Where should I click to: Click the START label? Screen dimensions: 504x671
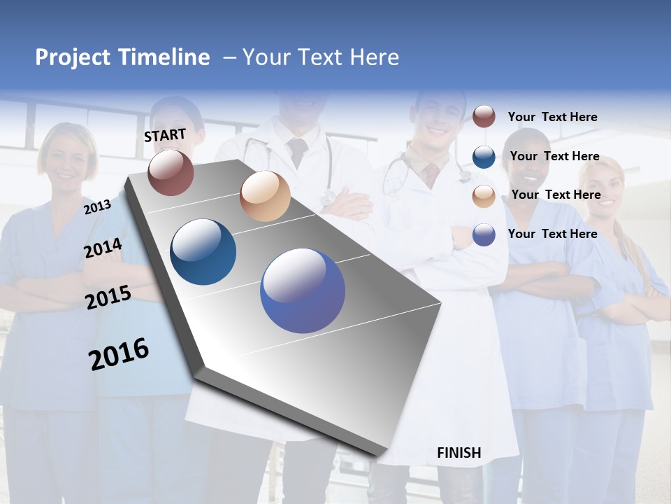[x=165, y=135]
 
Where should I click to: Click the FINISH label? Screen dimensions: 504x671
[x=459, y=453]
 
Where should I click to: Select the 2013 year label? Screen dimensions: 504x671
[x=97, y=206]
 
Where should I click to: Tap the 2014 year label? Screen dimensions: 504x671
[x=103, y=248]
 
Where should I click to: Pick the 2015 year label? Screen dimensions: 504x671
[x=108, y=297]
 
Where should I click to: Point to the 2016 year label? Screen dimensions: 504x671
[x=119, y=354]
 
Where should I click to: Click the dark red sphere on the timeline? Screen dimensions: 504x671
[x=171, y=172]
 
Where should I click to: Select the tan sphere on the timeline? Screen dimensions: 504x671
[x=265, y=196]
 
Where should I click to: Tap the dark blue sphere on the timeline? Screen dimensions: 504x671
[x=203, y=252]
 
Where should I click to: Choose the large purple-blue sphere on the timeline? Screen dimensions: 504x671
[x=303, y=290]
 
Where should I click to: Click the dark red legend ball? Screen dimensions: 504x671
[x=484, y=116]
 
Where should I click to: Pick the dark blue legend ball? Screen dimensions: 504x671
[x=484, y=156]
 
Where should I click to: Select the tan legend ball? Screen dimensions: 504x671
[x=484, y=195]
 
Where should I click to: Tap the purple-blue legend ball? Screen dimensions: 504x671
[x=484, y=234]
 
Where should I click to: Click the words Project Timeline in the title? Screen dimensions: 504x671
[x=122, y=57]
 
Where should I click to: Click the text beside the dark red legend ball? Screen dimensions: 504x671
[x=552, y=117]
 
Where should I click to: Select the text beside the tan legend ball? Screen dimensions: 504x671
[x=556, y=195]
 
